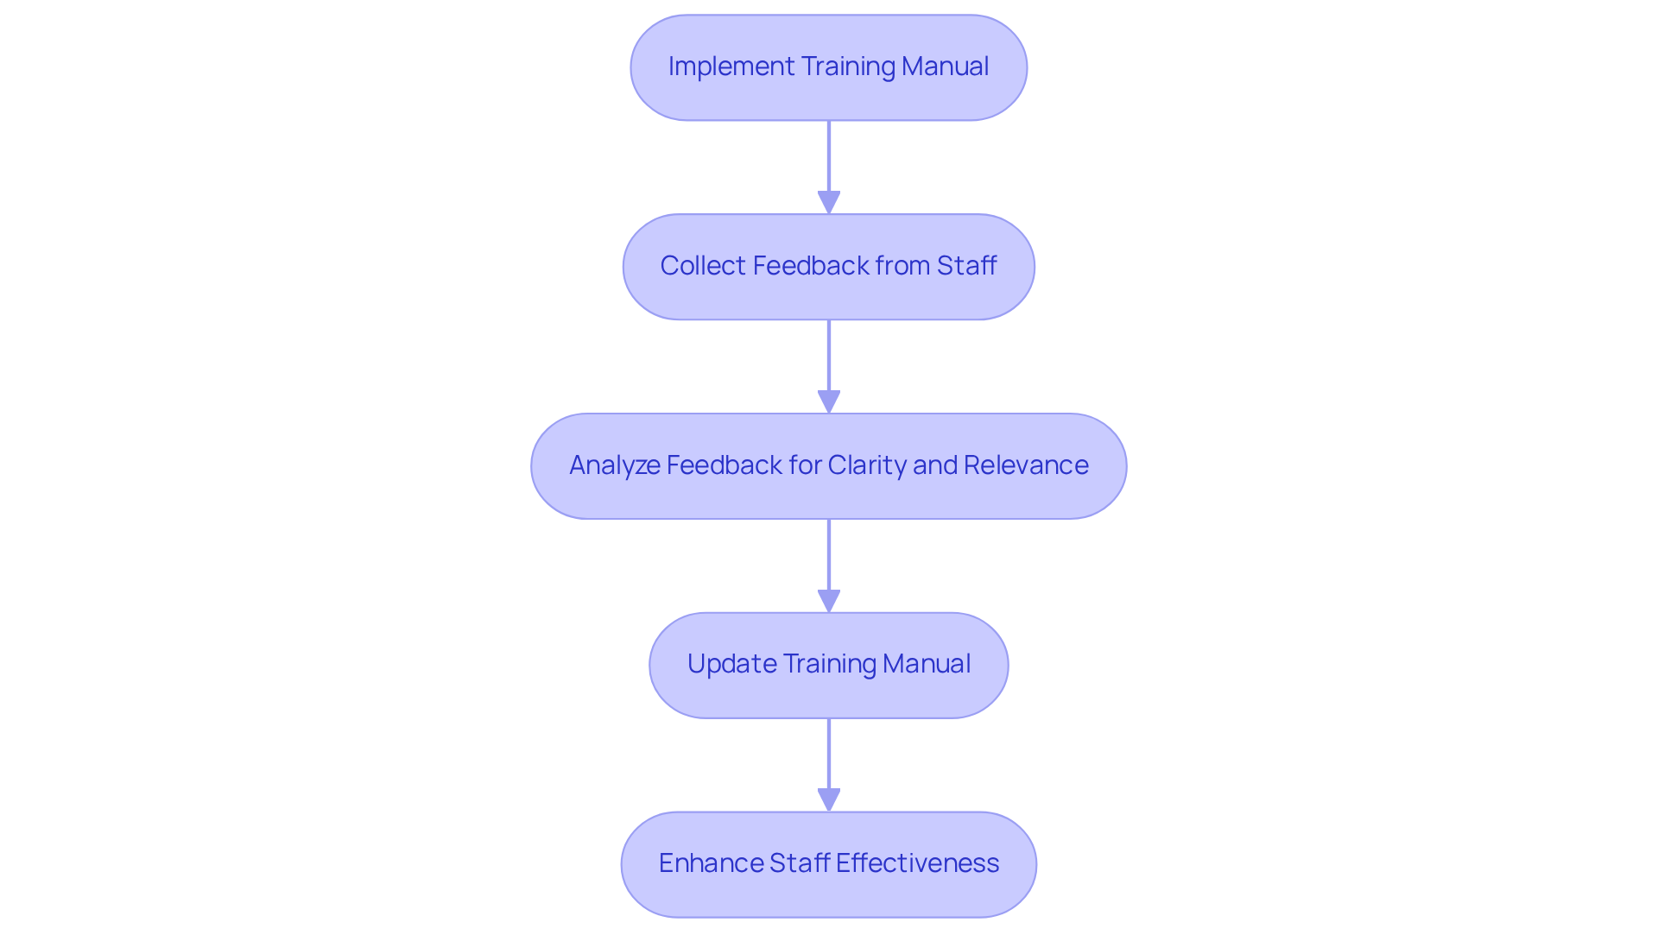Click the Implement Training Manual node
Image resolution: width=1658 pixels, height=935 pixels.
pos(828,67)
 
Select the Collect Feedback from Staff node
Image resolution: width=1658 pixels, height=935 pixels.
pos(828,267)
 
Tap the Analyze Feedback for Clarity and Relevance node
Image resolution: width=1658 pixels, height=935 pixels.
pos(828,466)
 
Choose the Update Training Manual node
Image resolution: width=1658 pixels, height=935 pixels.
pos(828,666)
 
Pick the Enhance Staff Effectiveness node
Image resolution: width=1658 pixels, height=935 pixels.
pos(828,864)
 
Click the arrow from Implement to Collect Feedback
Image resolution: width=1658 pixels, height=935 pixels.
pos(828,164)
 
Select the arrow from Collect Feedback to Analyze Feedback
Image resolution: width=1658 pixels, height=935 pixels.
pos(828,363)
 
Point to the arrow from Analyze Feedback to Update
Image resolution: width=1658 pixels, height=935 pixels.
pos(828,561)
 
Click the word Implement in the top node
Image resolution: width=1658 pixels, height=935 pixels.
pos(731,66)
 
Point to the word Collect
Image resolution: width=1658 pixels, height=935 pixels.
pos(703,266)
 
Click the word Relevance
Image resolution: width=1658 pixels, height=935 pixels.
pos(1026,465)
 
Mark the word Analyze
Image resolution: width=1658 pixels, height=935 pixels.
pos(614,465)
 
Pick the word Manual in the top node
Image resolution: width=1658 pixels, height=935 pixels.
pos(945,66)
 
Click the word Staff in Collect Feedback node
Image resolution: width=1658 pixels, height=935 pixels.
pos(966,266)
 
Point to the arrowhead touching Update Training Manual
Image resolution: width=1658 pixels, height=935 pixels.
pos(828,602)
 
